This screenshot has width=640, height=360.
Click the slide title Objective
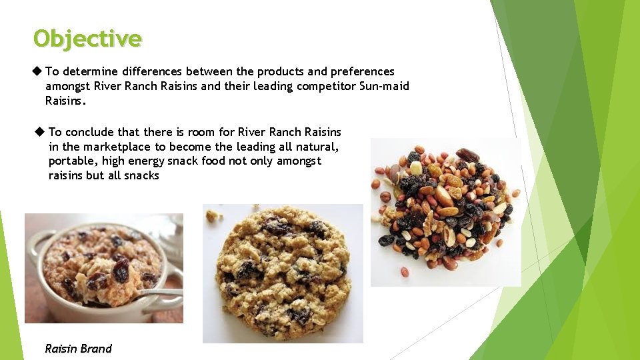(x=87, y=39)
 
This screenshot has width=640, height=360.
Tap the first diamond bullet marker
(x=37, y=71)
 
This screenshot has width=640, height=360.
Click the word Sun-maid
(x=386, y=86)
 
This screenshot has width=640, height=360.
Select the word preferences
(x=360, y=71)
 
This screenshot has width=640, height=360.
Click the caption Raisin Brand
(x=78, y=349)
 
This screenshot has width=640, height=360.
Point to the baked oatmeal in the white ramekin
(x=101, y=265)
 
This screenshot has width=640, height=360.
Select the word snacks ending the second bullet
(x=141, y=175)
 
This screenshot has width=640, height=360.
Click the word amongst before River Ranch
(x=68, y=86)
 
